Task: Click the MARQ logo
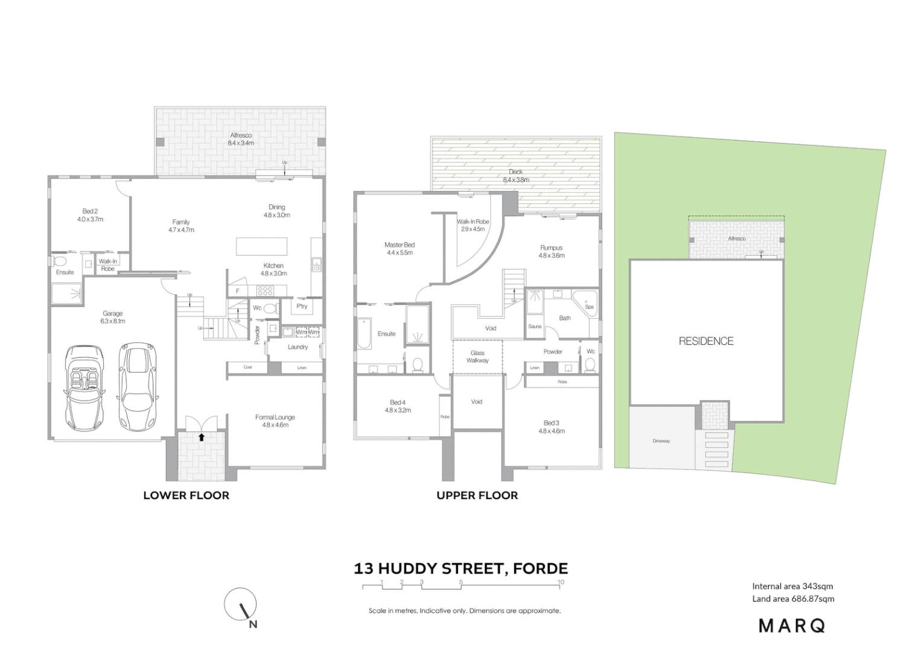pos(792,625)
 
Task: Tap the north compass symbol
pos(241,604)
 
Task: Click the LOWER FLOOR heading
pos(186,496)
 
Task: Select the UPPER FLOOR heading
pos(477,496)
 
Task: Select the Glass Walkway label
pos(477,357)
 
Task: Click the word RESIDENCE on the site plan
pos(706,341)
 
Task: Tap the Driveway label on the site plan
pos(661,441)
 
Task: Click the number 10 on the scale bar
pos(561,582)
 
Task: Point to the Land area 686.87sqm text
pos(793,599)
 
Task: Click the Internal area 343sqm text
pos(792,586)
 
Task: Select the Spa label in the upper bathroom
pos(589,307)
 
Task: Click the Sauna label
pos(535,327)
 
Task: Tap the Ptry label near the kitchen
pos(302,306)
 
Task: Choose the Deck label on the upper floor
pos(515,172)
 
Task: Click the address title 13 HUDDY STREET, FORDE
pos(460,569)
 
